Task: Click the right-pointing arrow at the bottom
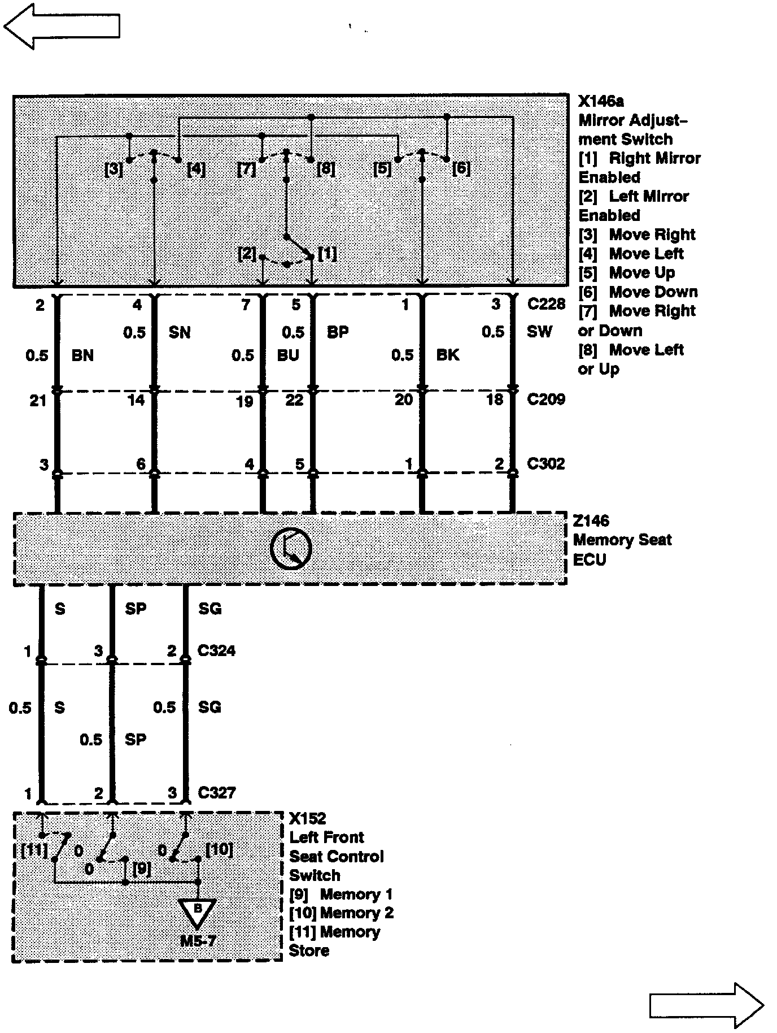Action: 706,1005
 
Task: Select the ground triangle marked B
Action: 197,912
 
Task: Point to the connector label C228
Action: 546,304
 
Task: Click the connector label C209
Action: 546,400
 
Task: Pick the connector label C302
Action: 546,464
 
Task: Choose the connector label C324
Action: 216,650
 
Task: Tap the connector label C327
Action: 216,793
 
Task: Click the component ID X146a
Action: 601,102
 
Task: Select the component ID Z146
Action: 591,520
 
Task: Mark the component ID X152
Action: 308,818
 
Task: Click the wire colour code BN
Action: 82,355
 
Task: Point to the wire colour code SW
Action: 539,332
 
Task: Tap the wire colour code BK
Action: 448,355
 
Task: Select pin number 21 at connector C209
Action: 38,401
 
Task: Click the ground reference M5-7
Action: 198,941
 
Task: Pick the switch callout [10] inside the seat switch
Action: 219,849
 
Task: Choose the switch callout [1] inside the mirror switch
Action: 328,254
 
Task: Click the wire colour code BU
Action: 288,355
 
